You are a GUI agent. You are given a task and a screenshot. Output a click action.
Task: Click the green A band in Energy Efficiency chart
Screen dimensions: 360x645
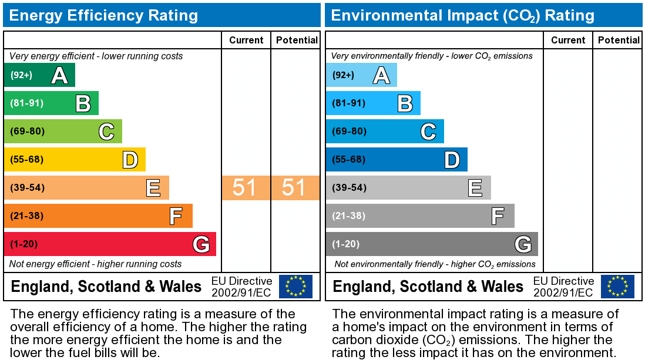click(x=39, y=75)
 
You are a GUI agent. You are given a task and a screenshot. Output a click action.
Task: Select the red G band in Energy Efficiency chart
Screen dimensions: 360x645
click(x=110, y=244)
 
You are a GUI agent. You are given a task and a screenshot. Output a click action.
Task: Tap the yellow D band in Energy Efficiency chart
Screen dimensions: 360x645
click(x=75, y=160)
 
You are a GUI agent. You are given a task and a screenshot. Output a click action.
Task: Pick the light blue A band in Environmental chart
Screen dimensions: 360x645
click(x=361, y=75)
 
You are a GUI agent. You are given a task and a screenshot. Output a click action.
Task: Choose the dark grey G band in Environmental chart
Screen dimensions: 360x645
click(x=432, y=244)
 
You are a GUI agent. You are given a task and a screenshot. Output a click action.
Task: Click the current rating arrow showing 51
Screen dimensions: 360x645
click(x=246, y=188)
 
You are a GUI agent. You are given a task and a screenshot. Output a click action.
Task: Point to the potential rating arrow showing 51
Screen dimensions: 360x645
click(x=295, y=188)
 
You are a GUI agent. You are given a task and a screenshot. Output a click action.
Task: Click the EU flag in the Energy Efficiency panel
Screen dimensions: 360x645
click(x=295, y=286)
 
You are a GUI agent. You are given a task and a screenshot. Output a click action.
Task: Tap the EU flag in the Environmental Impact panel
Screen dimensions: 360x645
click(x=617, y=286)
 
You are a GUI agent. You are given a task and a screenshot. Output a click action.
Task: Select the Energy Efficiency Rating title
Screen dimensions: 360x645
click(x=103, y=15)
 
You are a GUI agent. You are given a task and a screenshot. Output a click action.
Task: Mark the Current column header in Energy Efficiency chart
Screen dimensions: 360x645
click(x=246, y=40)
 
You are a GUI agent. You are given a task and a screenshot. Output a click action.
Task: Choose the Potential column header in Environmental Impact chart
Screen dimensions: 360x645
click(x=619, y=40)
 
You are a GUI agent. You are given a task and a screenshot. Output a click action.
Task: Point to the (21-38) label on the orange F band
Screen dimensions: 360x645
click(x=27, y=216)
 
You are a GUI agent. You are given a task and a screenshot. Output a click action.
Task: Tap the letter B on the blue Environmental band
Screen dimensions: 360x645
click(x=405, y=103)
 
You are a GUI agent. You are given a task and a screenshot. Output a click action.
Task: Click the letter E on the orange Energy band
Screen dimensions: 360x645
click(x=153, y=188)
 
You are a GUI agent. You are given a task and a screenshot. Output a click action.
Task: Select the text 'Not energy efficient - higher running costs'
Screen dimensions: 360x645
click(x=96, y=264)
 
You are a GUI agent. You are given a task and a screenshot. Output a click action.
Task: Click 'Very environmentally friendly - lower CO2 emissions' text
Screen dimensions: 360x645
click(x=432, y=56)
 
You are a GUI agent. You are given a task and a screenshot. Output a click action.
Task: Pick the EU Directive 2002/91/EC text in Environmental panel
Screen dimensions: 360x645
click(x=563, y=287)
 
